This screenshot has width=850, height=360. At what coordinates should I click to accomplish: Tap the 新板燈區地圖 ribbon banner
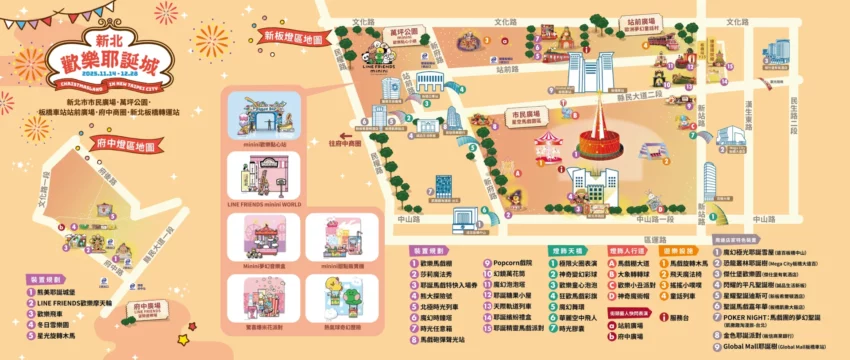(x=292, y=39)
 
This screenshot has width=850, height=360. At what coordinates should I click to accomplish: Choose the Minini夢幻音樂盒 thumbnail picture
(x=258, y=240)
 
